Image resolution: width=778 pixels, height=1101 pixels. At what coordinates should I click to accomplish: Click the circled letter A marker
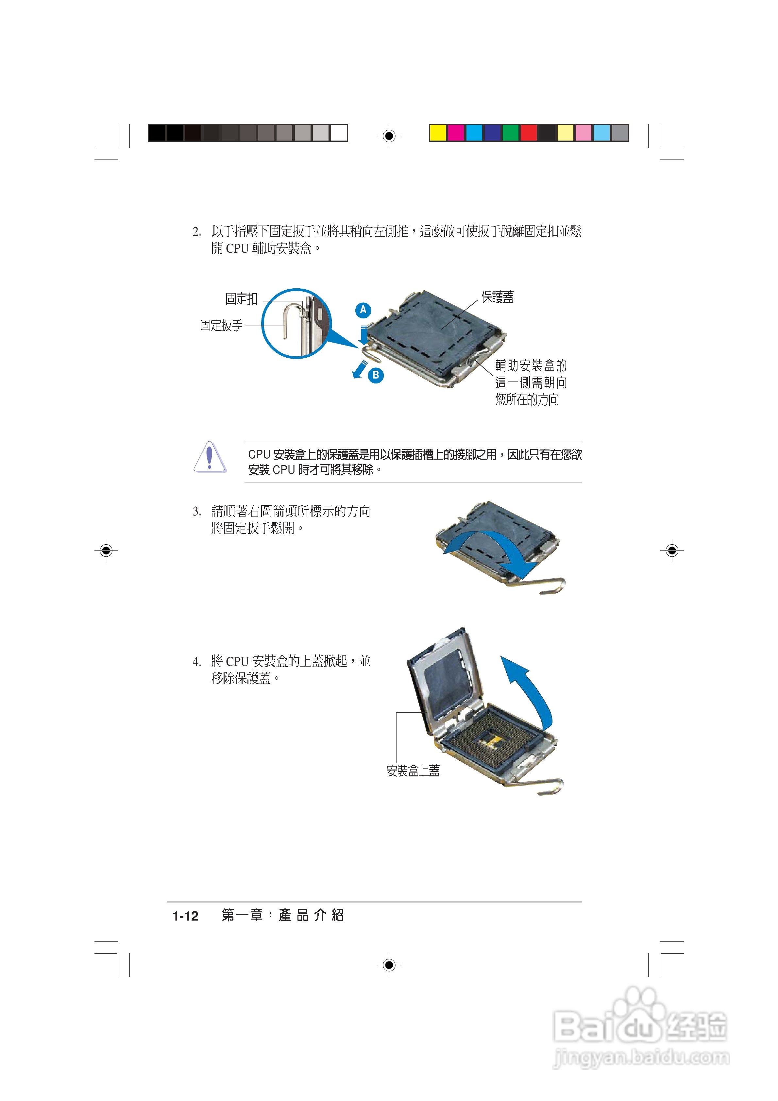click(363, 310)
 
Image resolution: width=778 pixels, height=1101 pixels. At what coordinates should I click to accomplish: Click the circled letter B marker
click(376, 375)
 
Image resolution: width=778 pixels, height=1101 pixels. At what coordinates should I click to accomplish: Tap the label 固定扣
click(241, 299)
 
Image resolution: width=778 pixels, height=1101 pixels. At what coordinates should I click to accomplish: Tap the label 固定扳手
click(221, 326)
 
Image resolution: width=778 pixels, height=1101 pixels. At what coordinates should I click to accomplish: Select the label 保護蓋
click(498, 297)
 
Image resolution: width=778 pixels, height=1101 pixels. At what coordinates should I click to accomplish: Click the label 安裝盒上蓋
click(413, 771)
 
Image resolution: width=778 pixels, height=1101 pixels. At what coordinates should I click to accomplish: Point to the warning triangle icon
click(210, 457)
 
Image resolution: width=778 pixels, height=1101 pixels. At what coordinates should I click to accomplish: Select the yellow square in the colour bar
click(437, 133)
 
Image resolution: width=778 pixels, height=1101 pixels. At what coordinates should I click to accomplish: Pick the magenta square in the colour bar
click(456, 133)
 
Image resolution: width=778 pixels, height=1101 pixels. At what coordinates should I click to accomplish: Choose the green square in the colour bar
click(510, 133)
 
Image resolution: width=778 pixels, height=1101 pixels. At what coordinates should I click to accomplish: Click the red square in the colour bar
click(529, 133)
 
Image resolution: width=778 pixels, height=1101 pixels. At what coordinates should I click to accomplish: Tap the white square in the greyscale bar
click(339, 133)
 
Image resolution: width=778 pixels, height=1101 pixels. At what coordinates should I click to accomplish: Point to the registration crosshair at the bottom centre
click(389, 964)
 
